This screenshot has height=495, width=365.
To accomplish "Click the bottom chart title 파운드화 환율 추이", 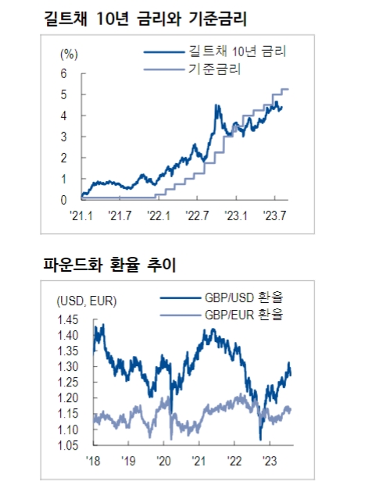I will [109, 265].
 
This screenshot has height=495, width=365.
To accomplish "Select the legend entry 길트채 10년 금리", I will [237, 52].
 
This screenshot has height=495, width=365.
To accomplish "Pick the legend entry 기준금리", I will [215, 69].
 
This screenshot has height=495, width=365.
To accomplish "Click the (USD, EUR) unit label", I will [85, 301].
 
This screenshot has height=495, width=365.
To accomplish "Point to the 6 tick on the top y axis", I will [63, 73].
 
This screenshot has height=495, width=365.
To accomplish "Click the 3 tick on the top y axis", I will [63, 137].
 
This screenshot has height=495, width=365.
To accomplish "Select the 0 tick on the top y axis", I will [63, 200].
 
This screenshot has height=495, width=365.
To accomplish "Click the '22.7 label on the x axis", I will [197, 215].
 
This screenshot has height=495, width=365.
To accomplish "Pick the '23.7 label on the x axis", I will [275, 215].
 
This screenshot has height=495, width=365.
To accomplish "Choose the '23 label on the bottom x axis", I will [270, 461].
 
